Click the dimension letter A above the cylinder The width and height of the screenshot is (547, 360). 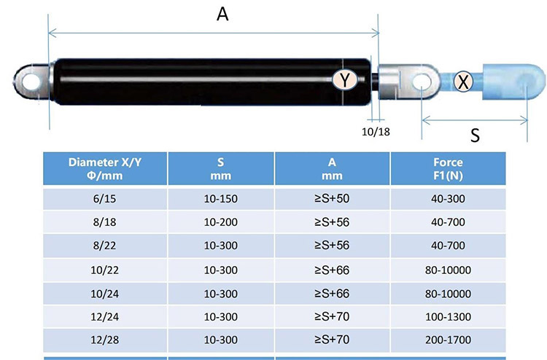pyautogui.click(x=223, y=14)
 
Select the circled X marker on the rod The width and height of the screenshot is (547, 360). pyautogui.click(x=462, y=81)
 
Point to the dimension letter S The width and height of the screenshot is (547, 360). pyautogui.click(x=475, y=136)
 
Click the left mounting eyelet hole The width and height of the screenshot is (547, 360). pyautogui.click(x=28, y=79)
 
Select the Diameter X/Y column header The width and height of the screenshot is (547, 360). pyautogui.click(x=106, y=168)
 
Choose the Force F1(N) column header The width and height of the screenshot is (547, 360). pyautogui.click(x=449, y=168)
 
